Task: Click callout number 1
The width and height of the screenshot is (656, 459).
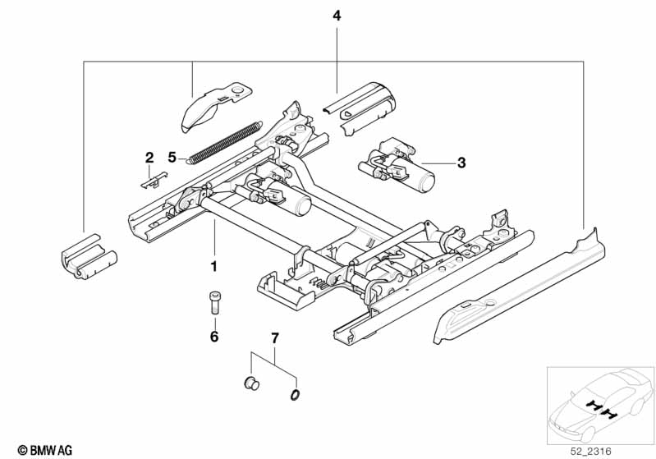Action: [x=213, y=266]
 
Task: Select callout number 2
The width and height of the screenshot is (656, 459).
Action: [x=149, y=158]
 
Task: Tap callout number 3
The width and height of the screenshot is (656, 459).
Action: [x=461, y=163]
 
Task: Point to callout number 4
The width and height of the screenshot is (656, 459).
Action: [x=337, y=16]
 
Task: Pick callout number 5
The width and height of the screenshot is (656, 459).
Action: [x=172, y=158]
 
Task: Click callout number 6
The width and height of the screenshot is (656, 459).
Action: [x=214, y=337]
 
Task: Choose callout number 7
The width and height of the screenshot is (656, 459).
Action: [x=274, y=338]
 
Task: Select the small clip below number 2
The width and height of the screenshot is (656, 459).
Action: [x=154, y=180]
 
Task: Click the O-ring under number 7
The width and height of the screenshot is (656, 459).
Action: [x=295, y=395]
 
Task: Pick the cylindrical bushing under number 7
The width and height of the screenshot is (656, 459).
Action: [x=251, y=383]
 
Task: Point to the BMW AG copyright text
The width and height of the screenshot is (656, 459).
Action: [x=45, y=450]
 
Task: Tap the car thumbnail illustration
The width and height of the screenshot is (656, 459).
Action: [x=601, y=406]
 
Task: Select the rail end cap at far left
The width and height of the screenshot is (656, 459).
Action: [x=89, y=256]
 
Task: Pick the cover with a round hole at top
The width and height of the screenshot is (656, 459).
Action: [x=215, y=106]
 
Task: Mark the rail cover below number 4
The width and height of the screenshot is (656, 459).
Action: [x=360, y=108]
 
